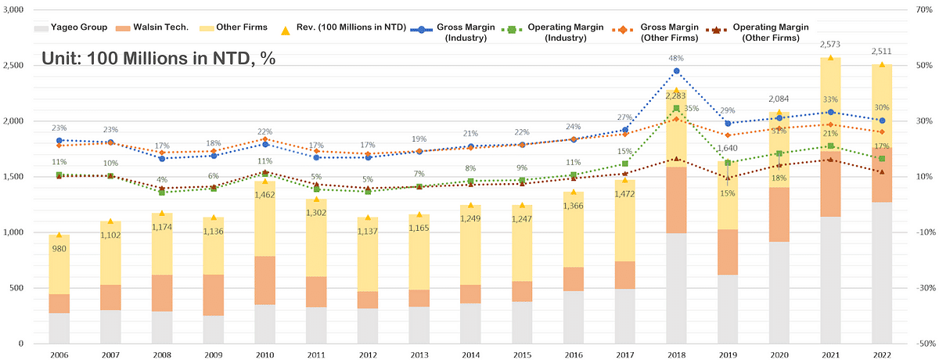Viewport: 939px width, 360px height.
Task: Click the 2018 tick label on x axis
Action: tap(676, 354)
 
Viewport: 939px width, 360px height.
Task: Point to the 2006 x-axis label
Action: tap(59, 354)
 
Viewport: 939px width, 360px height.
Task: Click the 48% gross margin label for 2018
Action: tap(676, 58)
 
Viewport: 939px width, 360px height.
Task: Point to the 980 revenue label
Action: tap(59, 249)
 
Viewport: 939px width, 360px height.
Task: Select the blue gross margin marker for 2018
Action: tap(676, 71)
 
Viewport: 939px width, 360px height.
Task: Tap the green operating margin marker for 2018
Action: tap(676, 108)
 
